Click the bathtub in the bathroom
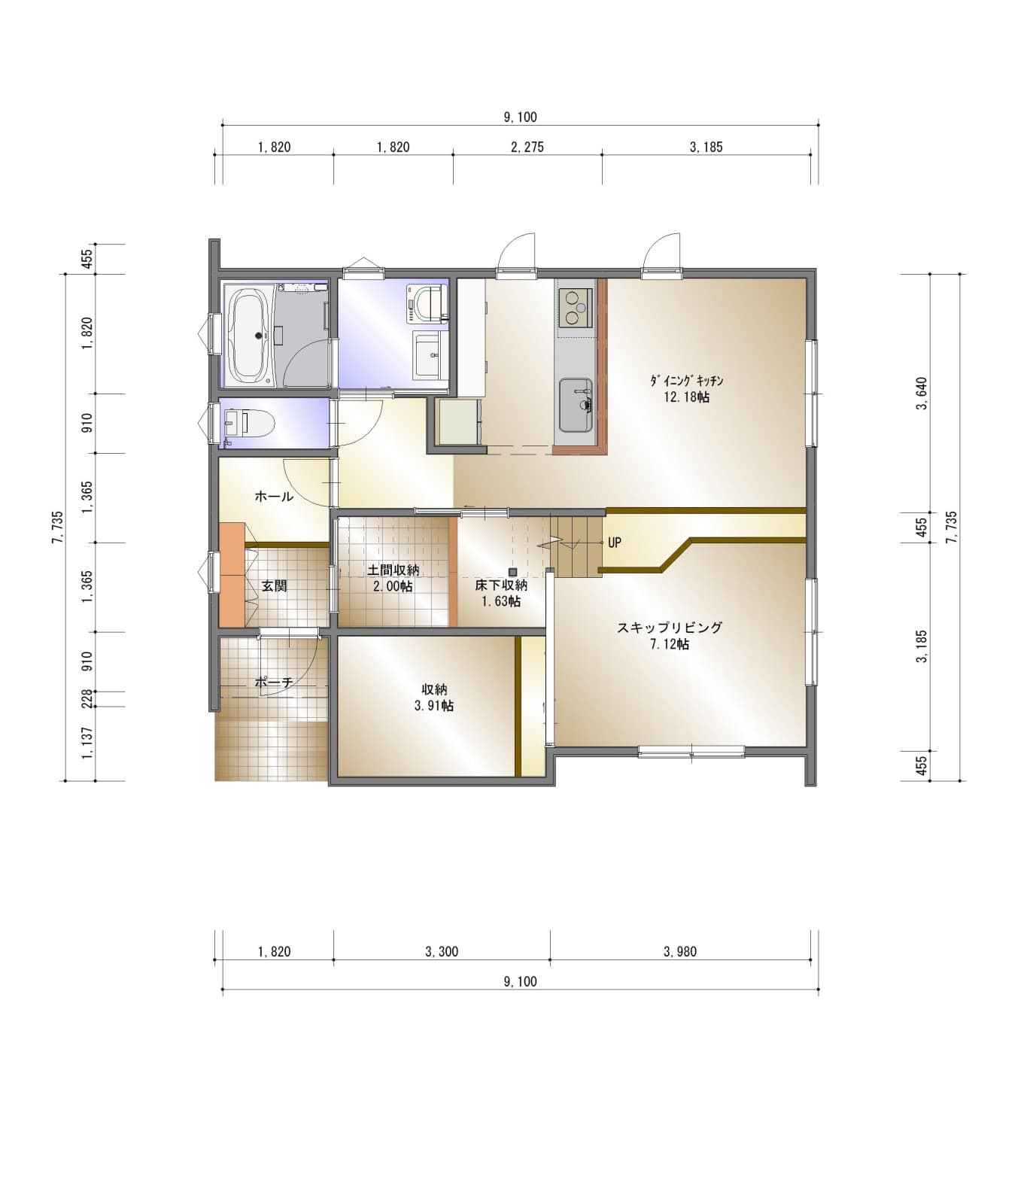click(x=248, y=336)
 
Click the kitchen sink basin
click(x=576, y=405)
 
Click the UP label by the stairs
click(x=615, y=543)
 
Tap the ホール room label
click(x=274, y=497)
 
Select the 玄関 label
click(x=274, y=585)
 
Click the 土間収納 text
click(x=393, y=570)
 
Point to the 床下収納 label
click(x=501, y=585)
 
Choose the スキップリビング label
click(x=670, y=628)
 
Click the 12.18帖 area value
click(x=686, y=397)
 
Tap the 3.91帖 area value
click(x=433, y=706)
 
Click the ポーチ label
click(x=273, y=683)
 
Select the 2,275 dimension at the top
click(x=527, y=147)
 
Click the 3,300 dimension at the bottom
click(x=442, y=952)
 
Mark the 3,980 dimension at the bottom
click(x=680, y=952)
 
